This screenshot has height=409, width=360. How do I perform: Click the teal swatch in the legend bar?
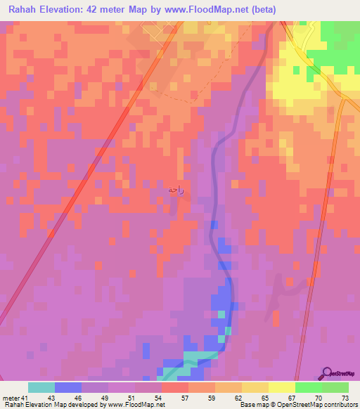pos(41,387)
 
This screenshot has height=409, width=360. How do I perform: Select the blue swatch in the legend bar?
pos(68,387)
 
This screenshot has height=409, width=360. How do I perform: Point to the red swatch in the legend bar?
pos(175,387)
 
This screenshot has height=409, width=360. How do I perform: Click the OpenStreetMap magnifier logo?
pos(327,372)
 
